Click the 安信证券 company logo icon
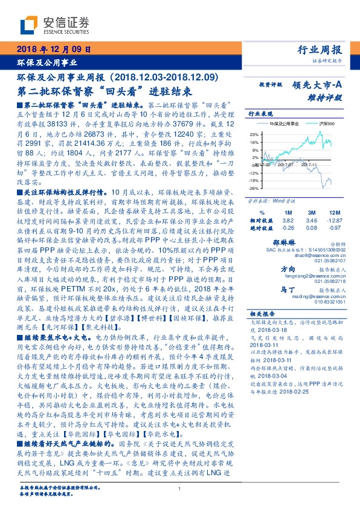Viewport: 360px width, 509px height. tap(27, 25)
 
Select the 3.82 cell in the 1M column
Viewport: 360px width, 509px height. tap(288, 222)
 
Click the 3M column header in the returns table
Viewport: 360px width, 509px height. tap(310, 214)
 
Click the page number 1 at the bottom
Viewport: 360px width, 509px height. tap(180, 488)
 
